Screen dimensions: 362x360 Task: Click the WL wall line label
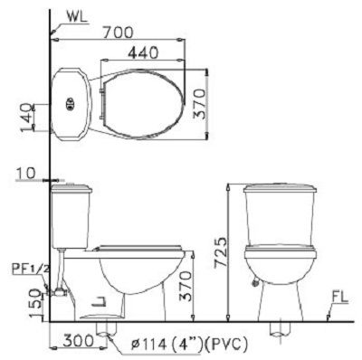coord(77,17)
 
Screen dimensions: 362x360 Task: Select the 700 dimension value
coord(118,33)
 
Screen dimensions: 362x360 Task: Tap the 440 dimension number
coord(143,53)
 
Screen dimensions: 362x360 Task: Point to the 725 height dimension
coord(220,252)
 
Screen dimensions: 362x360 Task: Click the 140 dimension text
coord(26,118)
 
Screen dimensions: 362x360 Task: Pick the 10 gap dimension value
coord(25,174)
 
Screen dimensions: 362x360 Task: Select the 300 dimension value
coord(79,341)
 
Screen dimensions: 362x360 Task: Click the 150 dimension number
coord(36,302)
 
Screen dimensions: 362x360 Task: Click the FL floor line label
coord(340,298)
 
